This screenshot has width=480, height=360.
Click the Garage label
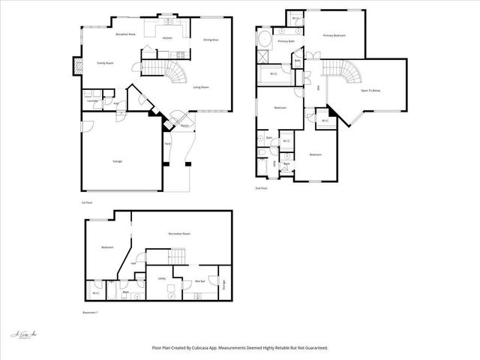118,161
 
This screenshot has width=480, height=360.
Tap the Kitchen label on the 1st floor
167,37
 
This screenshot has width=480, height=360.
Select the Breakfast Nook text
125,34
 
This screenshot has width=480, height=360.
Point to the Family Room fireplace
76,66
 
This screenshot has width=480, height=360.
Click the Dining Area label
211,40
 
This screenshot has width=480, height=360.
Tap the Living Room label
201,88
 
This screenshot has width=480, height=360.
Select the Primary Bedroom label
334,35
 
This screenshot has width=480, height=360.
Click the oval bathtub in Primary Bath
265,39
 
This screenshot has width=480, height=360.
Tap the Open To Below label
370,90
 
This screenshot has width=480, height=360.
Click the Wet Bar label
200,281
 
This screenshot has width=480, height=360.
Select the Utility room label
161,278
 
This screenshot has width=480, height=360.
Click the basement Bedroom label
107,247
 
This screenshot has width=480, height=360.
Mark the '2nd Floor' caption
262,188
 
